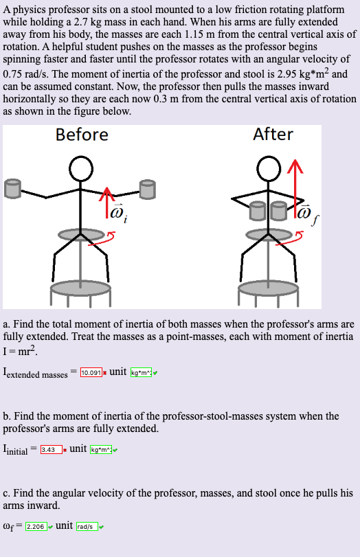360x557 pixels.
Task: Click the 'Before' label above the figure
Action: [x=82, y=135]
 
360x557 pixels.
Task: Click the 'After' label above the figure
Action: [x=273, y=134]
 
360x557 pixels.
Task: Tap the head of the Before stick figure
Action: [x=82, y=168]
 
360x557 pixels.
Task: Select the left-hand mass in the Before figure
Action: [x=12, y=187]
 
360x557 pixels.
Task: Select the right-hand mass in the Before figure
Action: [x=147, y=187]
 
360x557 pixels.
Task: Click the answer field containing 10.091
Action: [x=92, y=372]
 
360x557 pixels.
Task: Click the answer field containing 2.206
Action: [x=36, y=526]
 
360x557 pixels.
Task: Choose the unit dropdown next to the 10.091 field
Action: [x=142, y=372]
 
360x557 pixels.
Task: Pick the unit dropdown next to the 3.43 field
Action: [x=101, y=450]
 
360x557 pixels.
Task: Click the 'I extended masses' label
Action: [x=35, y=373]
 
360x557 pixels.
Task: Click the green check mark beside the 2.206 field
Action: [x=49, y=527]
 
